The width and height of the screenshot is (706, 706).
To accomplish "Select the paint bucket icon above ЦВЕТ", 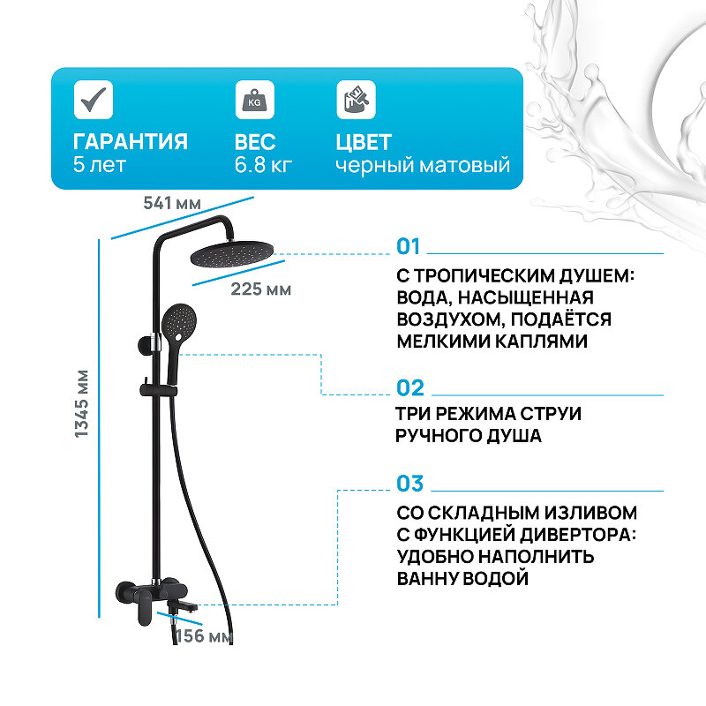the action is [x=356, y=100].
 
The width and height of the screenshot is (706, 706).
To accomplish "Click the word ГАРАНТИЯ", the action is [x=130, y=142].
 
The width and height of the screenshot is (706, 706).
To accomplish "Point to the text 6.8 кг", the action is [x=263, y=165].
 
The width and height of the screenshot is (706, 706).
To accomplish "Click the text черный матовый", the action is [x=423, y=165].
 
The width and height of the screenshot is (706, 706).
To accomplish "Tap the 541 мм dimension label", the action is [x=172, y=203].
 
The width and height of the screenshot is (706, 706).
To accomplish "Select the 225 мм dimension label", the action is [x=259, y=289].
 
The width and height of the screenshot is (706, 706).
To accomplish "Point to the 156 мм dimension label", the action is [x=204, y=635].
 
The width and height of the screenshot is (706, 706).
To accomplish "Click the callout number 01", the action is [x=410, y=247].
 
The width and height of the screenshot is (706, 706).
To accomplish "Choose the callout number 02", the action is [x=410, y=388].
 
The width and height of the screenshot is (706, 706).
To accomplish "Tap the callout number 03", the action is [x=410, y=484].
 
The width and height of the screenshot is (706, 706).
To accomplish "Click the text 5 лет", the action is [x=100, y=165].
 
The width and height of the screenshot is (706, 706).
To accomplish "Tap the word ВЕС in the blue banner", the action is [x=255, y=142].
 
